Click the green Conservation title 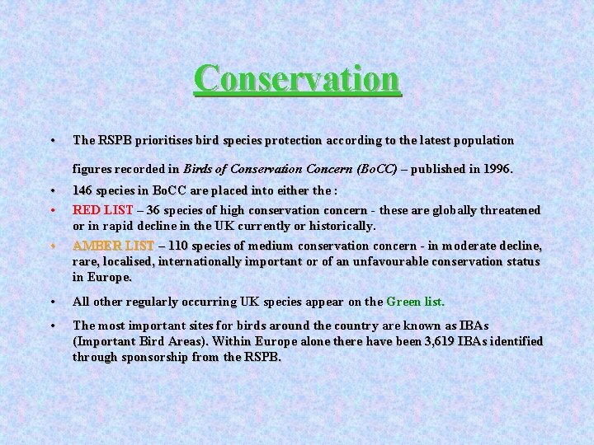click(x=297, y=79)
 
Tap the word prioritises click(x=154, y=140)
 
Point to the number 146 click(x=82, y=194)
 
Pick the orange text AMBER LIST click(x=113, y=246)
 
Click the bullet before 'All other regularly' click(x=52, y=302)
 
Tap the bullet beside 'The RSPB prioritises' click(x=52, y=140)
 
